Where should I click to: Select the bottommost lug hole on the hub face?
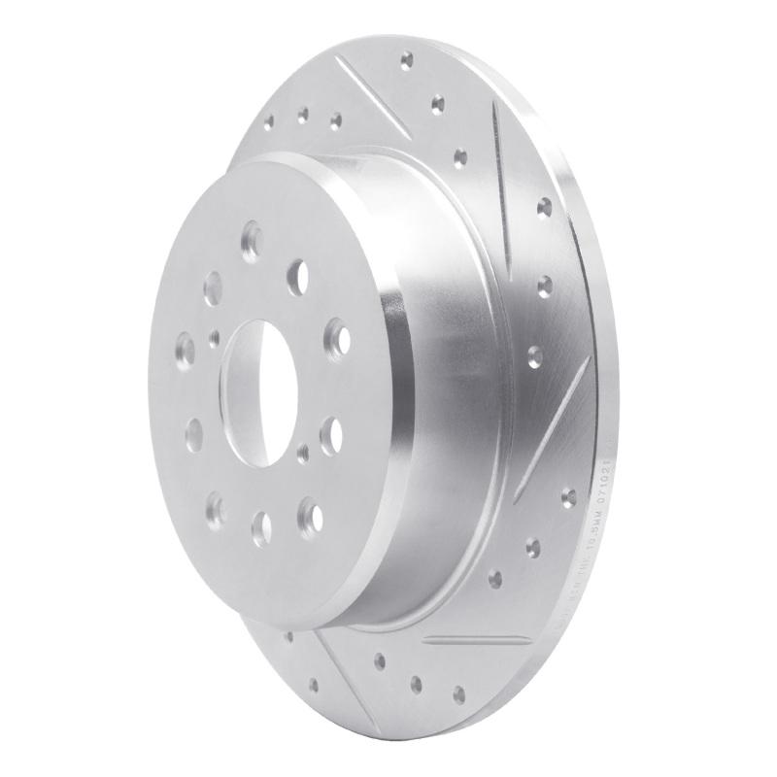tap(260, 526)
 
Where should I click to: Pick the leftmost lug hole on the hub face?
tap(184, 345)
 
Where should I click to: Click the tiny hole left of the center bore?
tap(215, 338)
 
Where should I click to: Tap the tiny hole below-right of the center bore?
tap(305, 450)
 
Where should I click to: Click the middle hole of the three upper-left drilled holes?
tap(302, 114)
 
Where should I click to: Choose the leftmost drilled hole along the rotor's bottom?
tap(289, 636)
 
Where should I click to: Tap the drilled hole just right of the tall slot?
tap(544, 205)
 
